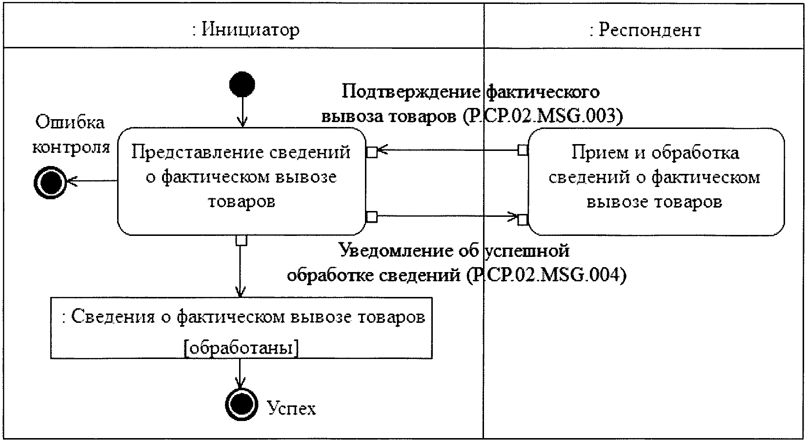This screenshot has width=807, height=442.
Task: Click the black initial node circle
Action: [x=242, y=84]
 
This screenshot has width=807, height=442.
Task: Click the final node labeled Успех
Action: [x=242, y=404]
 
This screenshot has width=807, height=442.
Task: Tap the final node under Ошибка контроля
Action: [x=50, y=183]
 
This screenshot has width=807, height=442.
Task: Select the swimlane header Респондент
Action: [x=645, y=30]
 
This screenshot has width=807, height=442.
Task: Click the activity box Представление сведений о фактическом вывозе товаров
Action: [x=242, y=181]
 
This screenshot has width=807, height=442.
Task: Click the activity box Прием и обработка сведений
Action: [x=656, y=182]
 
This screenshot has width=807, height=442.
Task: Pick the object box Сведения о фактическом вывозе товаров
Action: [x=242, y=328]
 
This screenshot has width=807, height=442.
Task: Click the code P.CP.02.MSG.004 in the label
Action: [x=546, y=275]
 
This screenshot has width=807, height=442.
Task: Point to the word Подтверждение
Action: [x=411, y=91]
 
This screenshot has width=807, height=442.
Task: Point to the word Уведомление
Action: [x=396, y=250]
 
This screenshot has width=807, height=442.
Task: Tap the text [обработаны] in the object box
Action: [x=241, y=348]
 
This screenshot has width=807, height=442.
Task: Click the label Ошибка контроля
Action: [x=71, y=135]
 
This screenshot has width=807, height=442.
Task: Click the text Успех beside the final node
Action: [x=291, y=408]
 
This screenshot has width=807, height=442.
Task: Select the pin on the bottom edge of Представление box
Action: [x=242, y=240]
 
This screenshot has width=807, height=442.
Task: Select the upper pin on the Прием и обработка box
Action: [x=523, y=149]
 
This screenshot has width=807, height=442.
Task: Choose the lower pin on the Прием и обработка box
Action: [x=523, y=219]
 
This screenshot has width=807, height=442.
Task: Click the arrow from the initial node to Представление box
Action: [x=242, y=112]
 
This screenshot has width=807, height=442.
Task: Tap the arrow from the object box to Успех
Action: [x=240, y=374]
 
